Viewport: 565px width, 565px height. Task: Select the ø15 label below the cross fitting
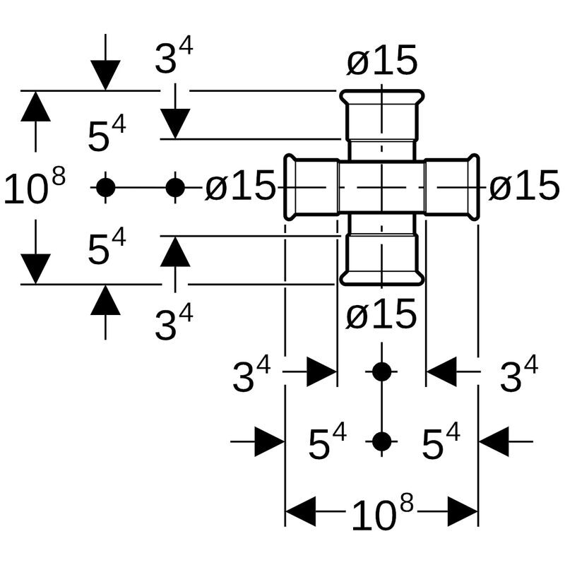(381, 315)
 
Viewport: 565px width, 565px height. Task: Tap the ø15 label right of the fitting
(524, 187)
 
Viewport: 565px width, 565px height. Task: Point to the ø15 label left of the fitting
(240, 187)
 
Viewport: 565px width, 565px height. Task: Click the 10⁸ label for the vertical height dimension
(34, 188)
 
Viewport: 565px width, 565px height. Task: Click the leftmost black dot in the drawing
(105, 187)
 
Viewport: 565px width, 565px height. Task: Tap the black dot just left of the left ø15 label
(175, 187)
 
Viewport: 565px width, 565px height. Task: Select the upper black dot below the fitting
(381, 371)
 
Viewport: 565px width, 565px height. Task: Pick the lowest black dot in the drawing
(381, 442)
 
